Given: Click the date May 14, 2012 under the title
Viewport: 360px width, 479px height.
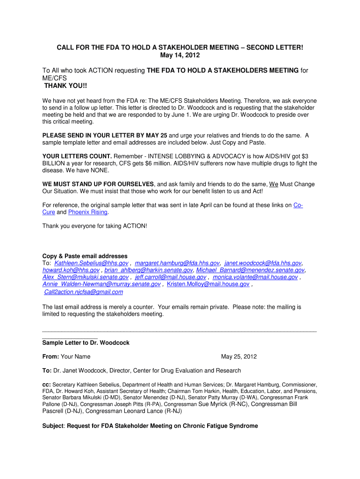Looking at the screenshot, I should click(180, 55).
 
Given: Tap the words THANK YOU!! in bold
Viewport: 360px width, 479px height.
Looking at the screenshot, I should click(65, 86).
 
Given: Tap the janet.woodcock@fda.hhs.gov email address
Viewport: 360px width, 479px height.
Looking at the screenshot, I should click(263, 263).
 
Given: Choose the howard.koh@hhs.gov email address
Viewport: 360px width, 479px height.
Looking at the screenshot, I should click(71, 270).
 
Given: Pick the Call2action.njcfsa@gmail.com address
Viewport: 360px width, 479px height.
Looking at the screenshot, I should click(83, 292).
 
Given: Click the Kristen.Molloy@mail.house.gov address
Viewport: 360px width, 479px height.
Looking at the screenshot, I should click(208, 284).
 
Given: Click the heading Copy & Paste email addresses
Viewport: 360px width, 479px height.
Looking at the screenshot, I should click(85, 256).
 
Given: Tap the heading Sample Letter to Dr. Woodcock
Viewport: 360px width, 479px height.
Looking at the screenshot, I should click(86, 342).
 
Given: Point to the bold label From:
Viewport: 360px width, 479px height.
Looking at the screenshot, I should click(50, 356).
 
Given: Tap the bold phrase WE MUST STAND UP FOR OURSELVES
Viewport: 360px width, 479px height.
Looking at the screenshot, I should click(98, 184).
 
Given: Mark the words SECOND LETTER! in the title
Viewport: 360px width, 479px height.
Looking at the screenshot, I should click(275, 48).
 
